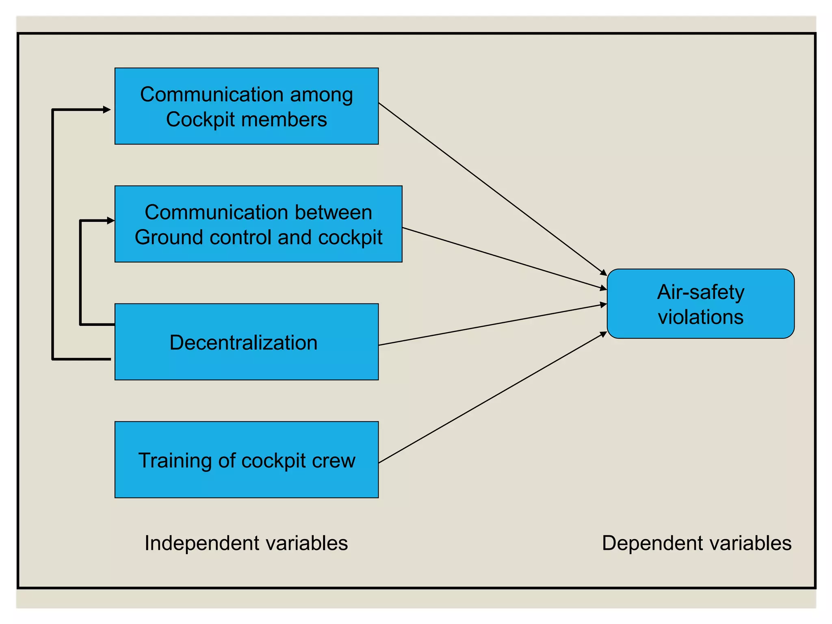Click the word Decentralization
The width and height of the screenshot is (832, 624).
(x=243, y=342)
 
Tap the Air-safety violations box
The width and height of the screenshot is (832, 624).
(x=700, y=303)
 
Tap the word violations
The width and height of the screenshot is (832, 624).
(x=700, y=317)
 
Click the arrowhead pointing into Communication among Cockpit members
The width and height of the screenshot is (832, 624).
(x=107, y=110)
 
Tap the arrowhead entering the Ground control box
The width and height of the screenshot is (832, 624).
(x=111, y=221)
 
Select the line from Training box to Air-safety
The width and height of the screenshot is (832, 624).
(x=492, y=397)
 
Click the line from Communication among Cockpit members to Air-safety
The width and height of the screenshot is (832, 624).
(x=492, y=189)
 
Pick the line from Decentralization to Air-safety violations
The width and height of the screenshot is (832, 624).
(x=492, y=325)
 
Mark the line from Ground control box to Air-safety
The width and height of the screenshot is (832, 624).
(x=504, y=258)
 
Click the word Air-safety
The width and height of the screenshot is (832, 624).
(x=700, y=292)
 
